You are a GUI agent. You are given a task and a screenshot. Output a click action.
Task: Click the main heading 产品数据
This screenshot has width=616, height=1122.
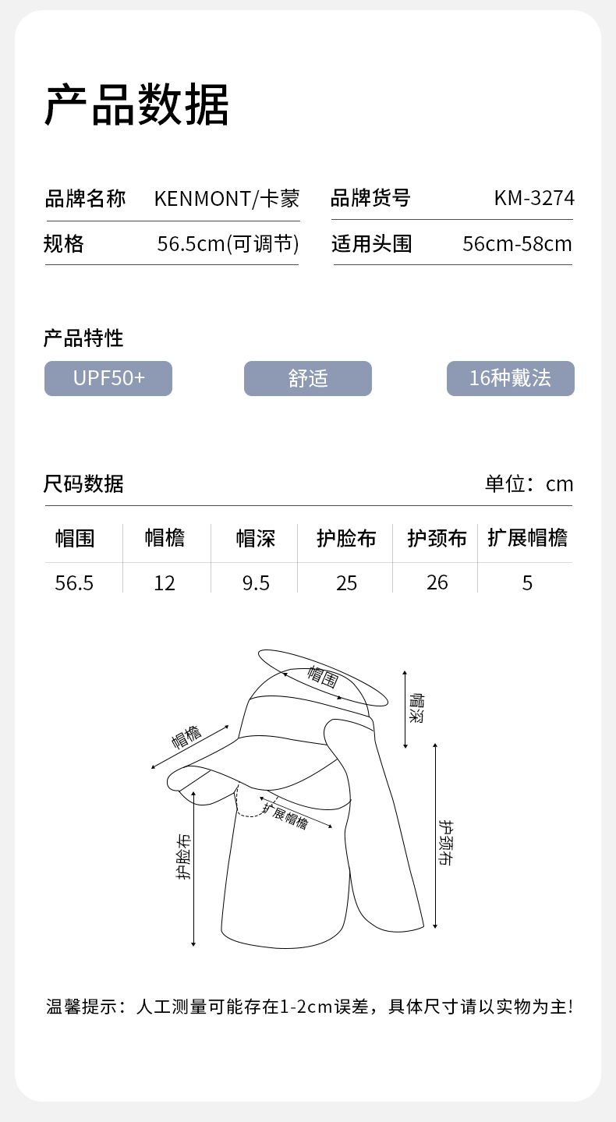point(136,104)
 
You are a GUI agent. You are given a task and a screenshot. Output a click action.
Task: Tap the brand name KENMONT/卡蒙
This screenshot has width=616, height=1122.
point(226,198)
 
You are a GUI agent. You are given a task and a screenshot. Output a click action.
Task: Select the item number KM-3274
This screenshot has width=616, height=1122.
point(534,198)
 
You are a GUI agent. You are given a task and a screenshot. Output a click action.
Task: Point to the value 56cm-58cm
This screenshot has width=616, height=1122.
point(517,244)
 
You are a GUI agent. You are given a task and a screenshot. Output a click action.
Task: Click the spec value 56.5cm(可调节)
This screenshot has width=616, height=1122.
point(228,244)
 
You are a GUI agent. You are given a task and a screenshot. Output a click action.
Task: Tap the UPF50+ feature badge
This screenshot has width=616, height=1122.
point(108,378)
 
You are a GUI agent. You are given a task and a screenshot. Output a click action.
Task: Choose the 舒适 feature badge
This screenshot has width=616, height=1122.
point(308,378)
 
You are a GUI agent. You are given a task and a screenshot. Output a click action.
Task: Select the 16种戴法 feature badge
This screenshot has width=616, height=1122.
point(510,378)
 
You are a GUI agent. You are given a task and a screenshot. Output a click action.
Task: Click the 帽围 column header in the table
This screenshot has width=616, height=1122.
point(75,539)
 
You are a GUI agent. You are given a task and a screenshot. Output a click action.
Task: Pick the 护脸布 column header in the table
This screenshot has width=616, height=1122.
point(346,539)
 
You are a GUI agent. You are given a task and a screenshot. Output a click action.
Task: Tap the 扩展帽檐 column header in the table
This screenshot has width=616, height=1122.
point(527,538)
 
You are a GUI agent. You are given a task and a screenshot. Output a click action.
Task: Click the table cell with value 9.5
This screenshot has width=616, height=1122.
point(256,583)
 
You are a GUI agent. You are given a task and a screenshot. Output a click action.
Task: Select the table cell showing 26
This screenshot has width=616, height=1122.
point(437,582)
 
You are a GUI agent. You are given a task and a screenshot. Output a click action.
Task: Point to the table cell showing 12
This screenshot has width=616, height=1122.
point(165,583)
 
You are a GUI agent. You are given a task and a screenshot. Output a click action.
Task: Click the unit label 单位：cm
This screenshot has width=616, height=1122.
point(529,484)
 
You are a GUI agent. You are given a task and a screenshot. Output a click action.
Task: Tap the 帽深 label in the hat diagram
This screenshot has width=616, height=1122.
point(416,708)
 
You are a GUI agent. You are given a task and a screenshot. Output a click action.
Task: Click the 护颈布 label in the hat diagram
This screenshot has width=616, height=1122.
point(445,843)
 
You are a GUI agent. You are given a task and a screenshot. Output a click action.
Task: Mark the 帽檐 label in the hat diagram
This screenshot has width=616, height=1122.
point(186,736)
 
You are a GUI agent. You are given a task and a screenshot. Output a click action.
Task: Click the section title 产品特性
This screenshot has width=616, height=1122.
point(83,338)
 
